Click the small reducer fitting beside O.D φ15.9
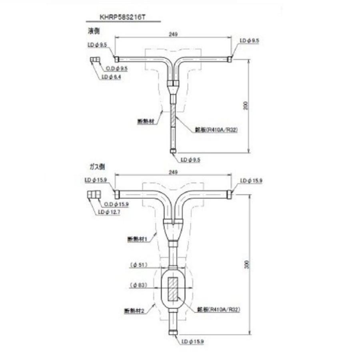pyautogui.click(x=92, y=195)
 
